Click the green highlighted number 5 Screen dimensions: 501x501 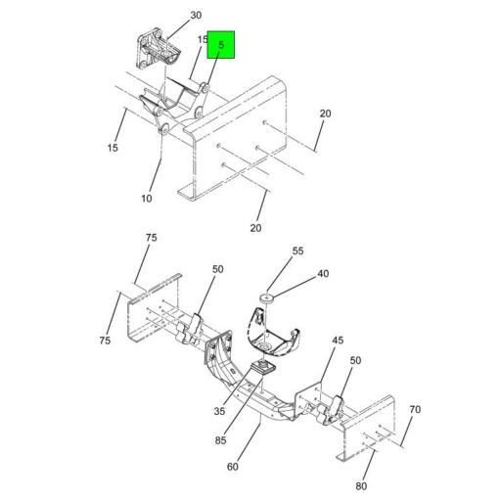(x=221, y=45)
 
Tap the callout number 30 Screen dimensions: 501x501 (x=196, y=16)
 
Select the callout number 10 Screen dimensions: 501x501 (x=147, y=199)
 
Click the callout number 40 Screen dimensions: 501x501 (x=323, y=274)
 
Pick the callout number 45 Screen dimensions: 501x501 (x=338, y=341)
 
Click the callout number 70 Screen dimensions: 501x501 (x=415, y=409)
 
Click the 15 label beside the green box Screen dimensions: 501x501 (x=203, y=40)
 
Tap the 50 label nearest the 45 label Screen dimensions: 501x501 (x=355, y=361)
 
